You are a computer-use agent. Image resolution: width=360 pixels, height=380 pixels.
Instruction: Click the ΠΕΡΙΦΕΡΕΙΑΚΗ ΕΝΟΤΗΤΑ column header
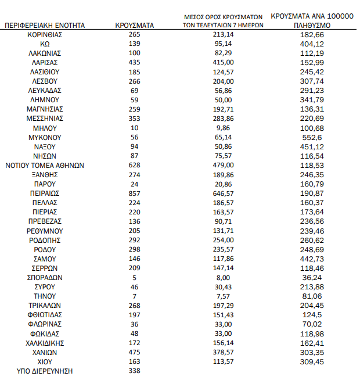[x=45, y=26]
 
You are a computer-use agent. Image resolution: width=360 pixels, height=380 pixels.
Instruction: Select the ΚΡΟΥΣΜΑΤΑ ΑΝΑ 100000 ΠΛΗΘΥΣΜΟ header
[x=312, y=21]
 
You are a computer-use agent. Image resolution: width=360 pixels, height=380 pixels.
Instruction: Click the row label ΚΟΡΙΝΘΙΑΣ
[x=45, y=35]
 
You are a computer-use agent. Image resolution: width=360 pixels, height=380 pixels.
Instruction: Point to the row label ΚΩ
[x=45, y=44]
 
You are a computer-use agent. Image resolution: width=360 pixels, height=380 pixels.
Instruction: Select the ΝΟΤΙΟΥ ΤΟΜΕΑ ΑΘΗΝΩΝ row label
[x=45, y=166]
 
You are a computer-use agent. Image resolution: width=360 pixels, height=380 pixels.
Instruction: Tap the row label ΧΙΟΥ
[x=45, y=361]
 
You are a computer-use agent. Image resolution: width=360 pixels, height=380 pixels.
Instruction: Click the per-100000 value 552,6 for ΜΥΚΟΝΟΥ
[x=312, y=138]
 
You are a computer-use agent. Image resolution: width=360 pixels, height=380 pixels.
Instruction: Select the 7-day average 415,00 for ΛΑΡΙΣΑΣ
[x=224, y=63]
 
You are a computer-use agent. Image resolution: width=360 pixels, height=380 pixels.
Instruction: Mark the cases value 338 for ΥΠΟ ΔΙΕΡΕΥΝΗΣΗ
[x=135, y=371]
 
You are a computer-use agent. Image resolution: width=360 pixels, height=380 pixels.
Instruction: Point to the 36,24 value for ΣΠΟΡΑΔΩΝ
[x=312, y=278]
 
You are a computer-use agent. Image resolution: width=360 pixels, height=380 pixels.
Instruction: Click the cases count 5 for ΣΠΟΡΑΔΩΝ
[x=135, y=278]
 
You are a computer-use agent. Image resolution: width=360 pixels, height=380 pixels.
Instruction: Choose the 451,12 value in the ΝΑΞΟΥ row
[x=312, y=147]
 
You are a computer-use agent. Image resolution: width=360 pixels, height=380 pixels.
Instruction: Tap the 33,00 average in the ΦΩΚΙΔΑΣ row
[x=224, y=334]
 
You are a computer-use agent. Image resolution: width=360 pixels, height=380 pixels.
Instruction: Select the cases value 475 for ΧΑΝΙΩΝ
[x=135, y=352]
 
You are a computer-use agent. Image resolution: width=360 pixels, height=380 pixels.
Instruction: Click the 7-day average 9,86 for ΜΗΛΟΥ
[x=224, y=128]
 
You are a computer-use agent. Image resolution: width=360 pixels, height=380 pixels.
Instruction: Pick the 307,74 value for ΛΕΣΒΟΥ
[x=312, y=81]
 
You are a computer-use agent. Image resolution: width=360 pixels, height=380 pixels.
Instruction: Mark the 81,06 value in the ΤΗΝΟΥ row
[x=312, y=296]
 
